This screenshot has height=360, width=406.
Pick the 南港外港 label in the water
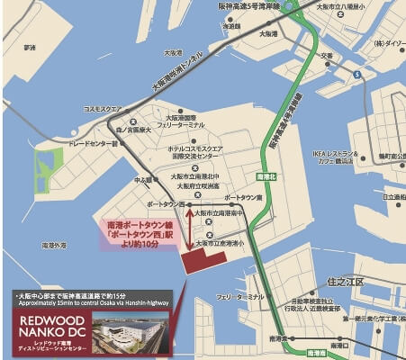coord(54,245)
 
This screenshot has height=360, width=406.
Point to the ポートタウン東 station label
coord(242,197)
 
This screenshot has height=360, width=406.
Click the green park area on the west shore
coord(50,171)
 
